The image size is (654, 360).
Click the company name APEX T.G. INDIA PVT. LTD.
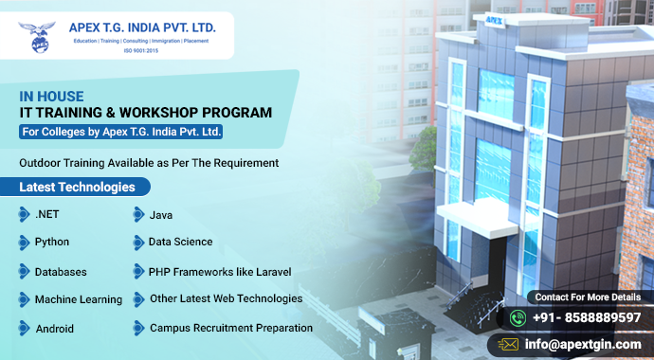[x=142, y=27]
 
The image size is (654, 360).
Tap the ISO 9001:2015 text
[x=142, y=50]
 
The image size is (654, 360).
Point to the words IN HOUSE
[x=51, y=96]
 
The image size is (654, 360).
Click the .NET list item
[x=46, y=215]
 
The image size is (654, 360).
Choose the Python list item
[x=51, y=243]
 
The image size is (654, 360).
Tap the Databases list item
[x=61, y=272]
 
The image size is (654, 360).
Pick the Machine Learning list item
[x=78, y=299]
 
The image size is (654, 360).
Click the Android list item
[x=54, y=329]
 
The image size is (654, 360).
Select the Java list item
[x=161, y=215]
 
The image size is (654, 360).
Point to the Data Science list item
[x=180, y=243]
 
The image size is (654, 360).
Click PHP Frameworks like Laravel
[x=219, y=272]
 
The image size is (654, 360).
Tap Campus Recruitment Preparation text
[x=231, y=328]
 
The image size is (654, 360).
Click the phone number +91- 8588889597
[x=586, y=317]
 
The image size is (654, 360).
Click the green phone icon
[x=518, y=317]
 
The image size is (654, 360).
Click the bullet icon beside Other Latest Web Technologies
[x=138, y=299]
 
